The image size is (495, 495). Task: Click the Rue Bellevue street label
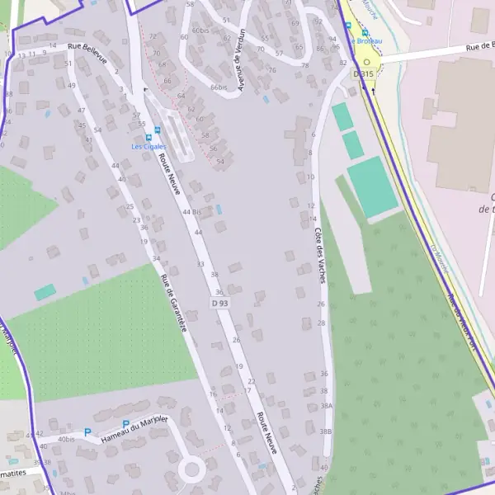click(88, 53)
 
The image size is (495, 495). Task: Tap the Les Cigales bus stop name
click(148, 147)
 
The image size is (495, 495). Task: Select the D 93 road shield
click(219, 304)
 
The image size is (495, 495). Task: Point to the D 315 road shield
click(363, 74)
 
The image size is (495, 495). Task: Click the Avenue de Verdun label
click(239, 62)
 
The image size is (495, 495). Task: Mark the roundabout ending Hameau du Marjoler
click(192, 470)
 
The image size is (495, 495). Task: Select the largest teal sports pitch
click(372, 187)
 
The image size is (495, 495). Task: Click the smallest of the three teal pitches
click(342, 116)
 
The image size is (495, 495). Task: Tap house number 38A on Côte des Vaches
click(326, 406)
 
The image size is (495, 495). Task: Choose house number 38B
click(326, 431)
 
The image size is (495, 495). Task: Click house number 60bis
click(200, 31)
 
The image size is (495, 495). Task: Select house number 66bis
click(218, 87)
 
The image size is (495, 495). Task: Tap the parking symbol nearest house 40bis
click(87, 431)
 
